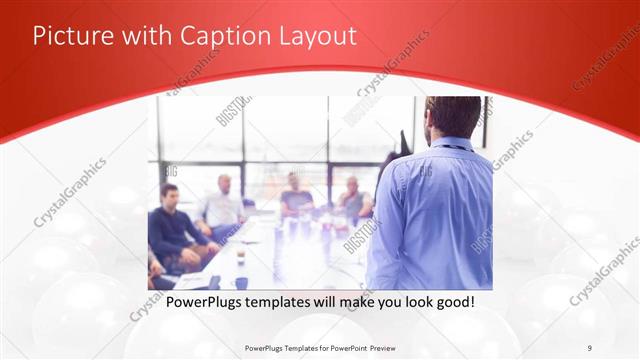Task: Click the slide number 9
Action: pos(589,347)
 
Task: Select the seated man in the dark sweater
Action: pos(172,225)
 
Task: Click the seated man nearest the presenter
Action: pos(352,200)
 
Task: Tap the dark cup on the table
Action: pos(241,257)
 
